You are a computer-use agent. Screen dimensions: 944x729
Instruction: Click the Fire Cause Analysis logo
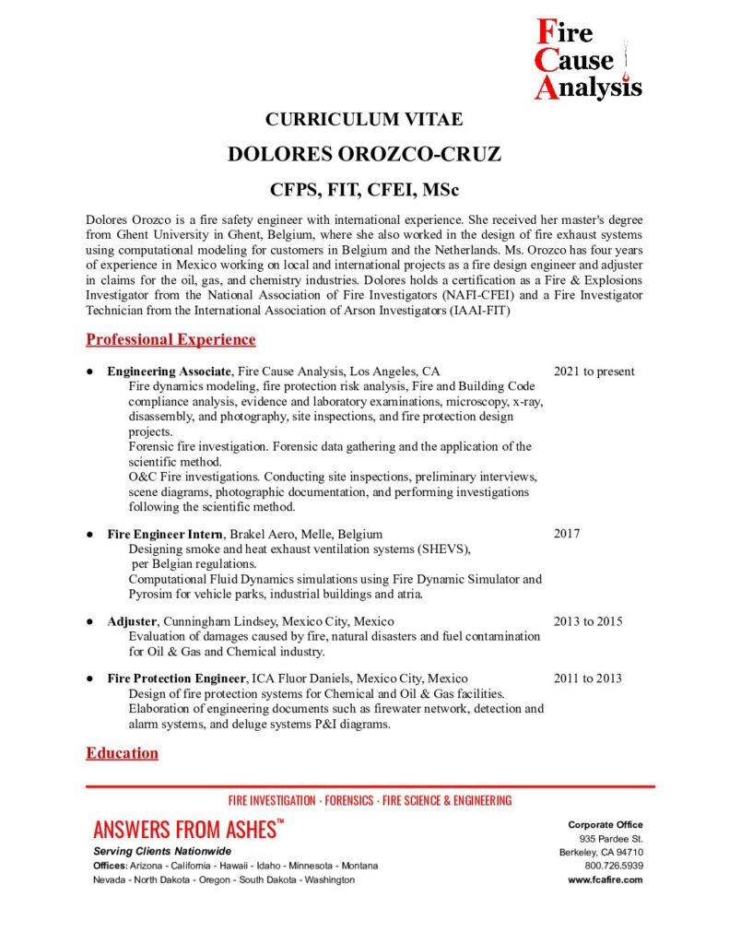click(x=588, y=60)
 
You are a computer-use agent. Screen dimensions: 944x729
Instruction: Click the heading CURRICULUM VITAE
click(x=364, y=119)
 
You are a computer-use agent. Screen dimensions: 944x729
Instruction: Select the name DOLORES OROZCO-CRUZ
click(x=364, y=154)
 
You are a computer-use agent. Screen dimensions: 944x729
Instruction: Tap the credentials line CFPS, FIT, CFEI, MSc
click(x=364, y=190)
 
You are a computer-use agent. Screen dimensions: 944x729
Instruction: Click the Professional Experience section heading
click(x=170, y=339)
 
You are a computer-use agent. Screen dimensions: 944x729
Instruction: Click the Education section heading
click(x=122, y=753)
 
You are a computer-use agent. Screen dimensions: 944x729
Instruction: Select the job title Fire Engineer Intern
click(x=165, y=534)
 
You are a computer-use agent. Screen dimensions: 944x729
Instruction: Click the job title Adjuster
click(x=132, y=621)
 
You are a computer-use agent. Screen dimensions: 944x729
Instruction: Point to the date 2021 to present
click(x=594, y=372)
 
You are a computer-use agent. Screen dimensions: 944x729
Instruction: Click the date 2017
click(x=567, y=534)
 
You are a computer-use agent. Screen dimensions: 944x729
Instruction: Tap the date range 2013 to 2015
click(x=587, y=621)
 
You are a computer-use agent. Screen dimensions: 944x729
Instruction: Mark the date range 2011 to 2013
click(x=587, y=678)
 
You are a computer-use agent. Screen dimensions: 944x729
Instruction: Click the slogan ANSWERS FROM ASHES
click(x=184, y=829)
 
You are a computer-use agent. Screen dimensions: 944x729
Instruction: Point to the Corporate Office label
click(x=606, y=824)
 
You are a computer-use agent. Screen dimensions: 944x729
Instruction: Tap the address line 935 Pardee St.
click(x=611, y=838)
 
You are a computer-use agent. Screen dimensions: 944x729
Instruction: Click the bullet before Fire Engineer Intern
click(x=89, y=534)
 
